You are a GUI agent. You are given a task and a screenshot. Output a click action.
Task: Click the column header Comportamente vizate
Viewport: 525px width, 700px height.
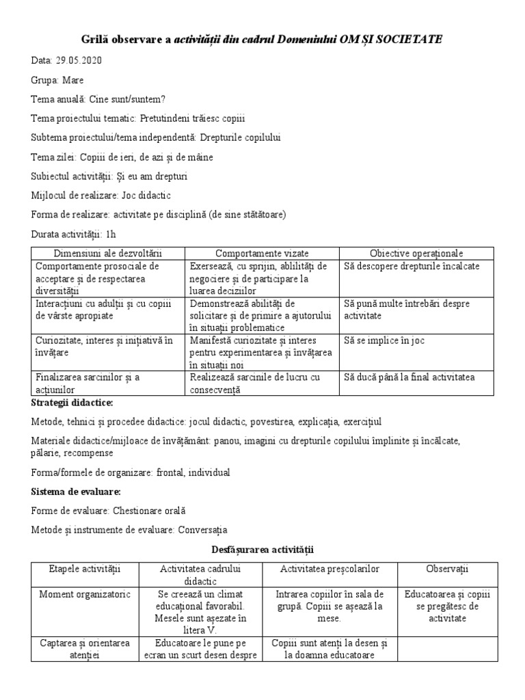[262, 254]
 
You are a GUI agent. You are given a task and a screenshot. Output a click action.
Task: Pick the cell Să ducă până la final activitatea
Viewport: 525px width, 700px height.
[409, 377]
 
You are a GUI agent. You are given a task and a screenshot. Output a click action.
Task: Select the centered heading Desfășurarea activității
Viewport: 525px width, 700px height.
[262, 549]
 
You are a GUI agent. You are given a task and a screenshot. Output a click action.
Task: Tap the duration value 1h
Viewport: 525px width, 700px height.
[109, 234]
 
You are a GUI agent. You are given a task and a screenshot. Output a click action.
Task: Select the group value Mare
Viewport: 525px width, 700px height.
[73, 79]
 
